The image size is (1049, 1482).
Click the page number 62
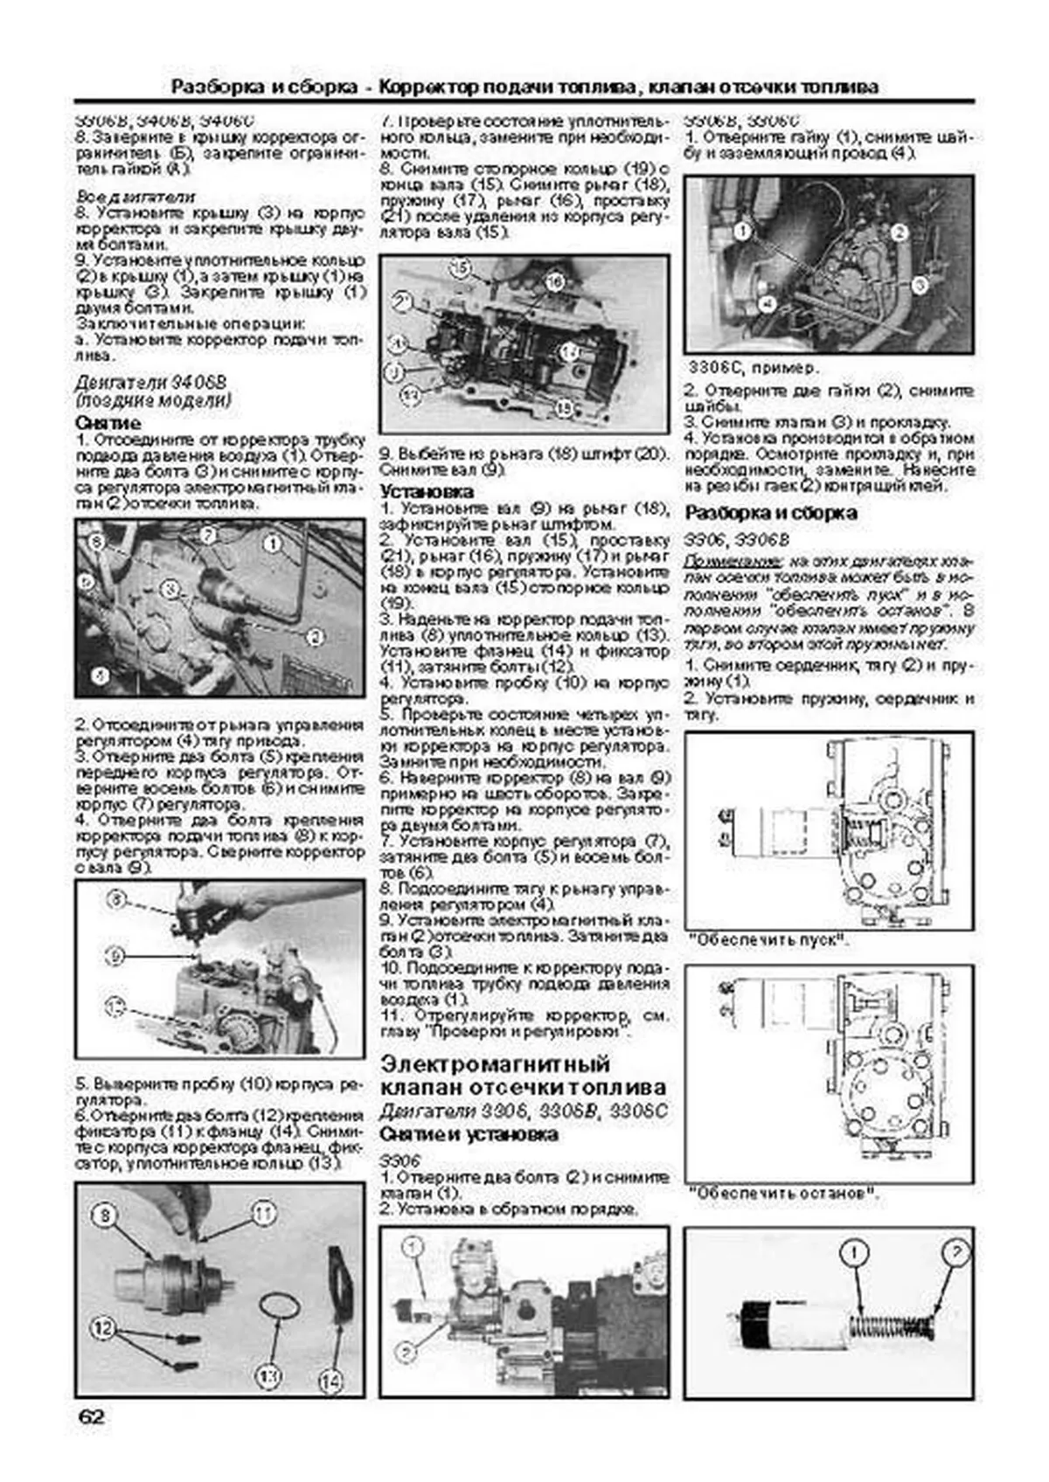[90, 1416]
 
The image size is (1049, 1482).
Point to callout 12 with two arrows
[104, 1329]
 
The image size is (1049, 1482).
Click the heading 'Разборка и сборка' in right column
[770, 513]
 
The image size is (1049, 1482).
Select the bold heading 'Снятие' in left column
[108, 423]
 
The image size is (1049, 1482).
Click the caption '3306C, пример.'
[753, 367]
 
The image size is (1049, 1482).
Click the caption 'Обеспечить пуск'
[769, 941]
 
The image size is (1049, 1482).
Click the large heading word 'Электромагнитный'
[496, 1064]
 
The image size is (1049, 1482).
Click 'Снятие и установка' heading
[469, 1134]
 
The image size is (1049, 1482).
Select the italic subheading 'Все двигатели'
[135, 196]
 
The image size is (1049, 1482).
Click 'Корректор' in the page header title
[428, 87]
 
